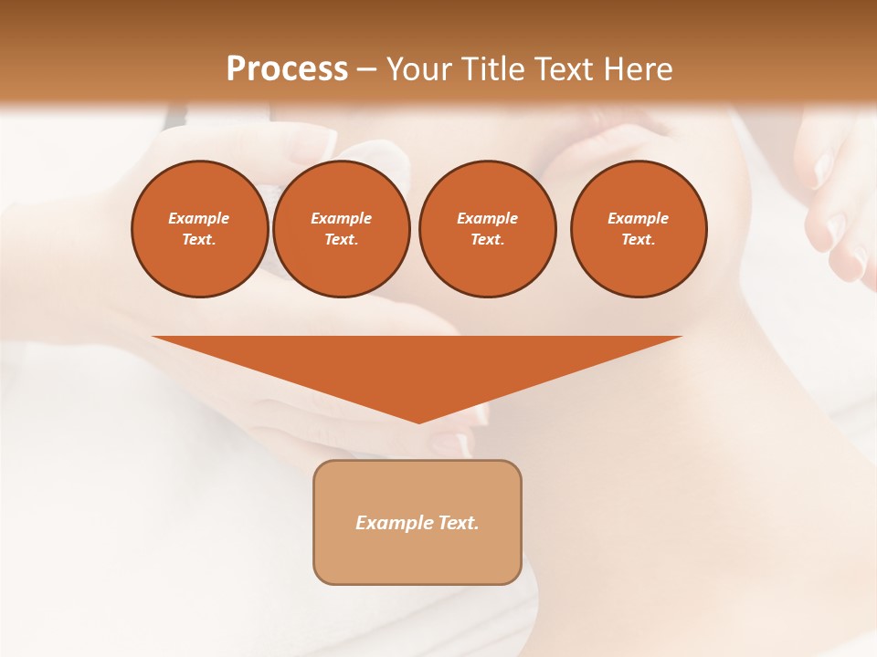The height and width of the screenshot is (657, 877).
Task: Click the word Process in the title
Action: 287,69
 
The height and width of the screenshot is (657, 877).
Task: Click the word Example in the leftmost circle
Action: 199,218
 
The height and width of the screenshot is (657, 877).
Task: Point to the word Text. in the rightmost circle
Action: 639,239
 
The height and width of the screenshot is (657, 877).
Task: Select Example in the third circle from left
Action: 487,218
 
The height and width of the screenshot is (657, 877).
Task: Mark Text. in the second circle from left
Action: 342,239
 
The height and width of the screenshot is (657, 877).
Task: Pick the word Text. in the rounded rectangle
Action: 458,523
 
